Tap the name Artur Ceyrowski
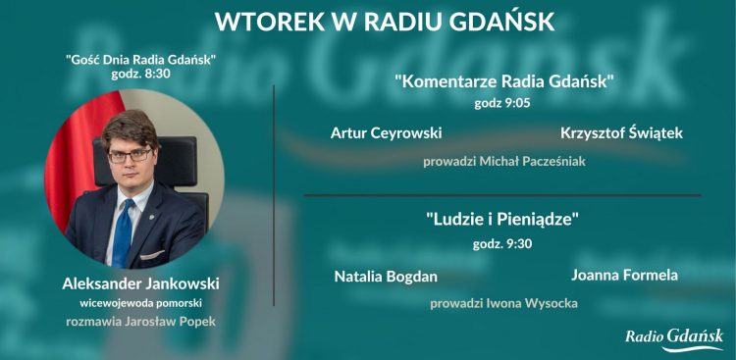point(386,132)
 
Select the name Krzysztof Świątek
point(621,132)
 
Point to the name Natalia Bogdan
point(386,277)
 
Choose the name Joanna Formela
point(624,275)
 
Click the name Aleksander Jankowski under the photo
point(140,283)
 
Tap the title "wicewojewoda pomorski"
point(140,303)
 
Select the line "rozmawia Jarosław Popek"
point(140,321)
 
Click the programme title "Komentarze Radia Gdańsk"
point(504,80)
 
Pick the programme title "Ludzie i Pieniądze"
point(503,220)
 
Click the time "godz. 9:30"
point(502,243)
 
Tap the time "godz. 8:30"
point(141,74)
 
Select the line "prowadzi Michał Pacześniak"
point(504,161)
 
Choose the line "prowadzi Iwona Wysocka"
point(503,303)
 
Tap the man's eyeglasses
point(131,154)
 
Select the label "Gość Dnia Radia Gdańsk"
point(141,59)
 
